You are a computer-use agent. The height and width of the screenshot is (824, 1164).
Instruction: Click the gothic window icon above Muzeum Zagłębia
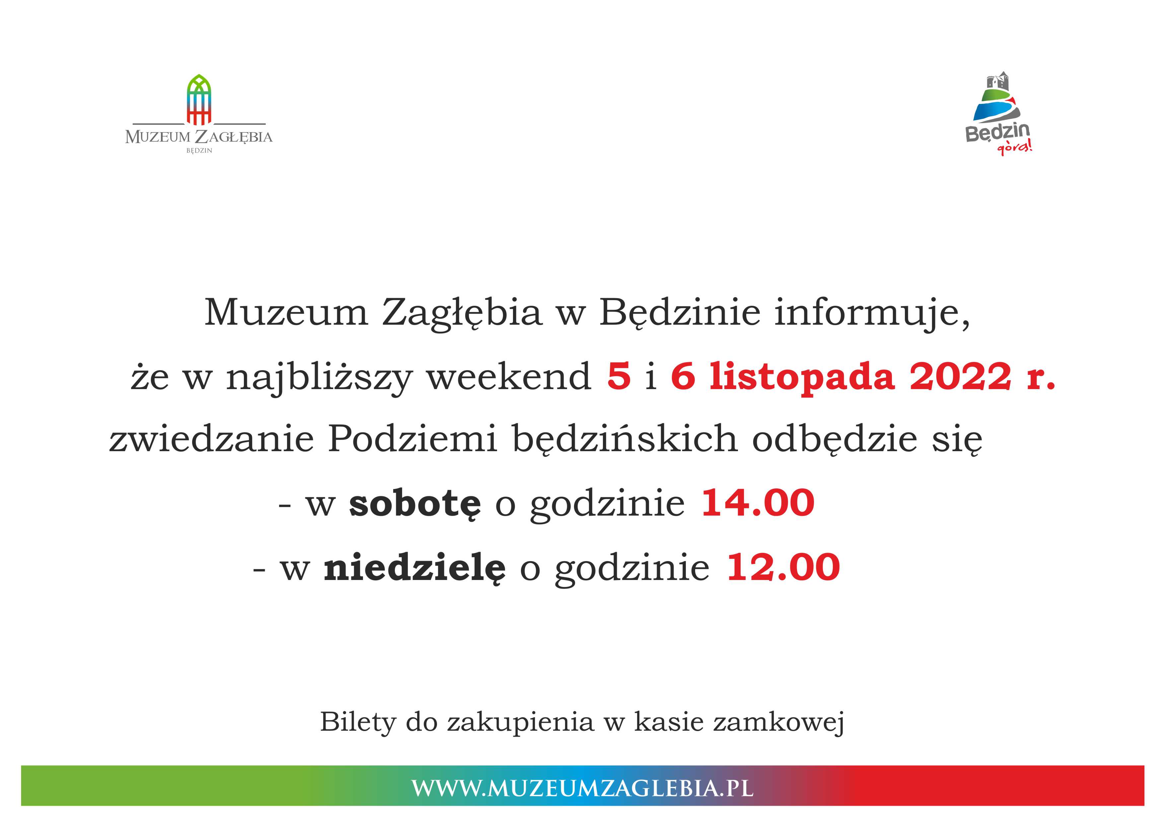tap(199, 100)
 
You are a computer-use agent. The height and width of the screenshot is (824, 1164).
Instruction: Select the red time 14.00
tap(758, 503)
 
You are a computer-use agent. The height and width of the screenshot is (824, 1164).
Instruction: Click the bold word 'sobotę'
tap(415, 504)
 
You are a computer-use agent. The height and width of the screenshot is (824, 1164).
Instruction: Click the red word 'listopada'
tap(802, 378)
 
